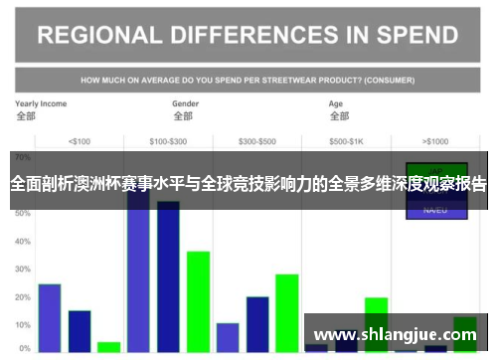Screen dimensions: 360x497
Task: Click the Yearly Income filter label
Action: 41,103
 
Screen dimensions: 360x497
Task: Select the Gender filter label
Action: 186,103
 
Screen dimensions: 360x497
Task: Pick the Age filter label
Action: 337,103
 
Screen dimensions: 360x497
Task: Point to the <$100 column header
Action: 80,140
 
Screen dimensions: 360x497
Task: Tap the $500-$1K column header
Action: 346,140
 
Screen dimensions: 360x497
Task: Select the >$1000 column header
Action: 435,140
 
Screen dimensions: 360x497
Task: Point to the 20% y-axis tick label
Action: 23,297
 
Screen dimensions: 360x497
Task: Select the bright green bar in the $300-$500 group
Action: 287,312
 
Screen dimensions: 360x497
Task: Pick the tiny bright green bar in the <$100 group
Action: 109,347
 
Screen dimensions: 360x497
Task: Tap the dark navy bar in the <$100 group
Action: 80,331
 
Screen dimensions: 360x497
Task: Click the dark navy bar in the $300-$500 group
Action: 257,323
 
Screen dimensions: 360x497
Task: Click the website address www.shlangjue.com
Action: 395,335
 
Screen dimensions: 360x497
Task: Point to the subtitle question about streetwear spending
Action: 248,79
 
